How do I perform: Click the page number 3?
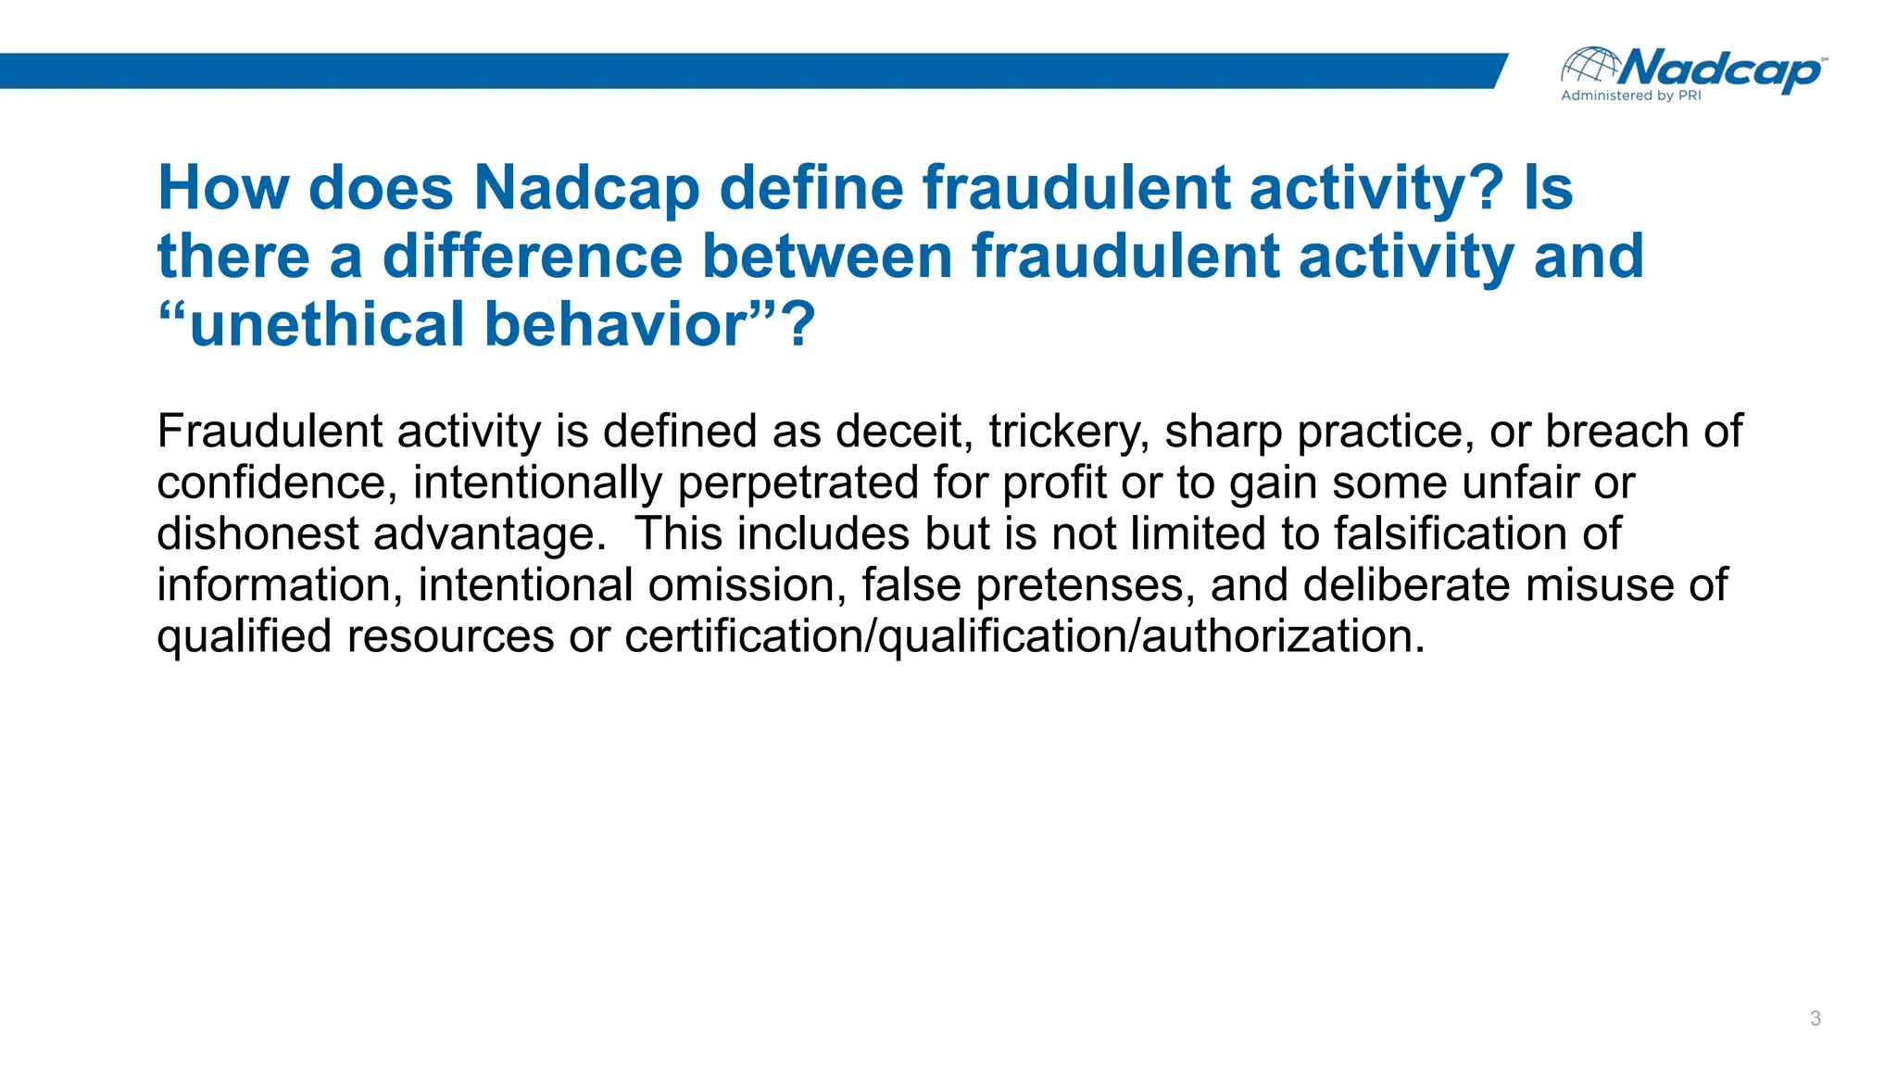click(x=1815, y=1019)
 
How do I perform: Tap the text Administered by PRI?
click(x=1630, y=95)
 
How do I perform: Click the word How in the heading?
click(x=223, y=188)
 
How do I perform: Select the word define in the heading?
click(x=810, y=188)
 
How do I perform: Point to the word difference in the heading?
click(x=532, y=257)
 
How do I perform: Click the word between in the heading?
click(x=826, y=257)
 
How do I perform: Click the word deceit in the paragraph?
click(x=903, y=432)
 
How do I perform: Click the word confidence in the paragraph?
click(x=277, y=483)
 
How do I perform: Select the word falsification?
click(x=1446, y=534)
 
